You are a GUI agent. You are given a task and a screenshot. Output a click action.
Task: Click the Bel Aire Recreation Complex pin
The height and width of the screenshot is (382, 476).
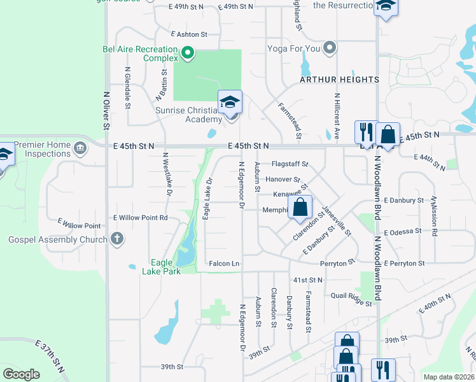pos(188,53)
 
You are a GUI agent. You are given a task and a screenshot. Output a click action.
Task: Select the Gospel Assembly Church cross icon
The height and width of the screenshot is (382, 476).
pos(116,239)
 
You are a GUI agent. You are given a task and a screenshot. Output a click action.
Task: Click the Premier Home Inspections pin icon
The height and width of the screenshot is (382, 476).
pos(80,149)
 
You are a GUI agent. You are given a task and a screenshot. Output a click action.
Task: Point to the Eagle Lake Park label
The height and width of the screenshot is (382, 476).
pos(165,267)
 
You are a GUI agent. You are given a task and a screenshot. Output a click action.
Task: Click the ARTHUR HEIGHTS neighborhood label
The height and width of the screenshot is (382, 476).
pos(340,80)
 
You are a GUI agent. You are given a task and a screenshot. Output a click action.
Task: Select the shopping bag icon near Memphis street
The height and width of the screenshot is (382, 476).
pos(300,207)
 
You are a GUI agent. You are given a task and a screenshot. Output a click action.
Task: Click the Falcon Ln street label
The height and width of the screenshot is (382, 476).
pos(224,264)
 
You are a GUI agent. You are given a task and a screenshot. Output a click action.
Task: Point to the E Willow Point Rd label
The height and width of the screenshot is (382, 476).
pos(140,218)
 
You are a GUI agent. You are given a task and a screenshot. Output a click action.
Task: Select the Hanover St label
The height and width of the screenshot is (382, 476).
pos(283,180)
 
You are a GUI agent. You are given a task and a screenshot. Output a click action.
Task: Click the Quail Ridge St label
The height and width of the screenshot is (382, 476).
pos(351,295)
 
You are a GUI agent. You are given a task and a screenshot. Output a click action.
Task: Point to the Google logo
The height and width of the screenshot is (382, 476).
pos(21,374)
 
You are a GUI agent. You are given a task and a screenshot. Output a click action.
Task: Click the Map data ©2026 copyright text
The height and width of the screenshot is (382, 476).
pos(448,377)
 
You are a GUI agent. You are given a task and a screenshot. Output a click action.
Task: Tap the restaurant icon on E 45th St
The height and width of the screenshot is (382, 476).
pos(365,133)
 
